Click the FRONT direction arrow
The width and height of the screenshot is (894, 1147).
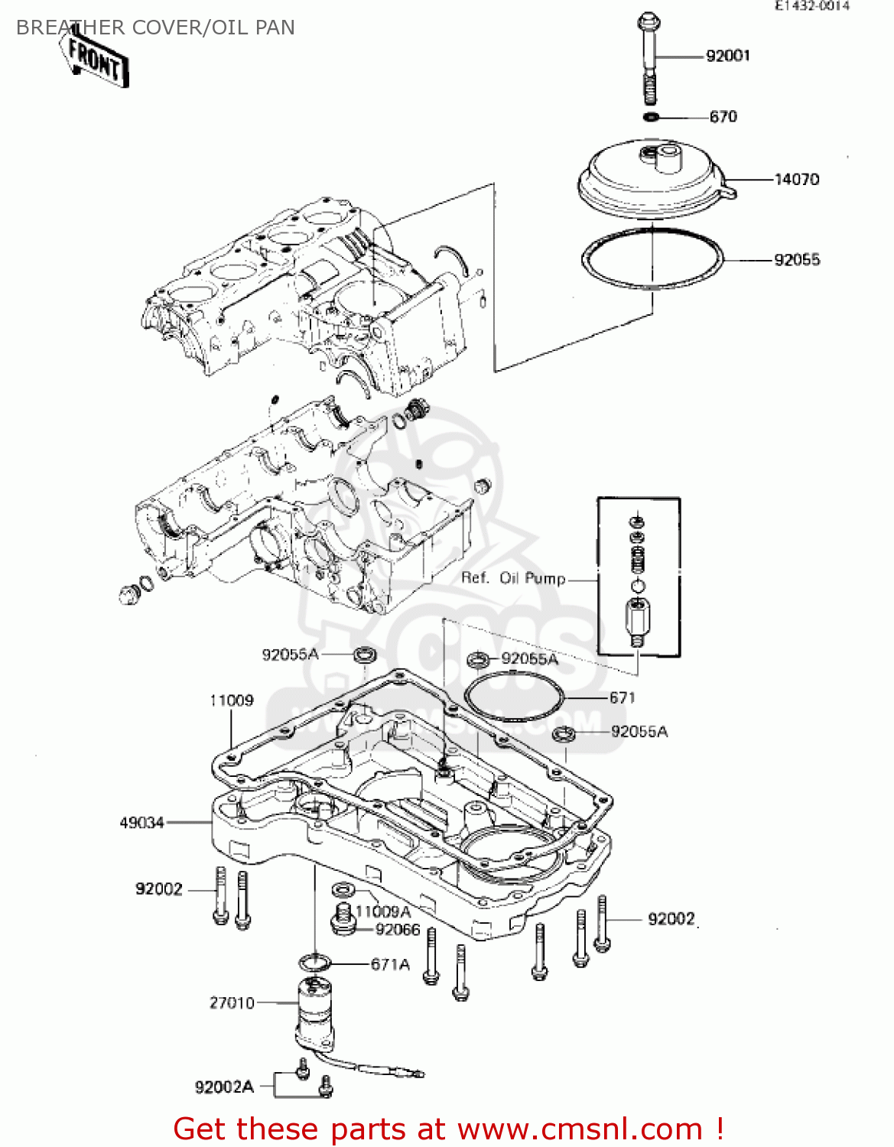(96, 58)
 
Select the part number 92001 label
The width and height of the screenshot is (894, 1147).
(727, 56)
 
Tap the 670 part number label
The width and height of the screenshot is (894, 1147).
(723, 117)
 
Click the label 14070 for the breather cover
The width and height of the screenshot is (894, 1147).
(796, 180)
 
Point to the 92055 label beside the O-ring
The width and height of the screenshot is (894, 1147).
(796, 260)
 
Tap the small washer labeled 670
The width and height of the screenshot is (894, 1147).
(651, 117)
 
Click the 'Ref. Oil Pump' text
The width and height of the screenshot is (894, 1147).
(513, 578)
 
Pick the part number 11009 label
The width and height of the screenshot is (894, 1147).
(231, 700)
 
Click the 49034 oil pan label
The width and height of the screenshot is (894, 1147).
(141, 823)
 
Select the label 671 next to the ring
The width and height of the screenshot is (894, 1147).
(622, 697)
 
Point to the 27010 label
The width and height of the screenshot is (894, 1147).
(231, 1002)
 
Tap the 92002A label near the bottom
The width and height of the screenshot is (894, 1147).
(223, 1087)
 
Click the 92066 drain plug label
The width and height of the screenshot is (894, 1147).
(398, 929)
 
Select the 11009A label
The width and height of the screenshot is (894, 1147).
(382, 911)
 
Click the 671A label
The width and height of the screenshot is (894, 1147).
(390, 964)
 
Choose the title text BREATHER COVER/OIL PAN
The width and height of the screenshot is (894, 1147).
(155, 28)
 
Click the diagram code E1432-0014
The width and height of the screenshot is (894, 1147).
(812, 6)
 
